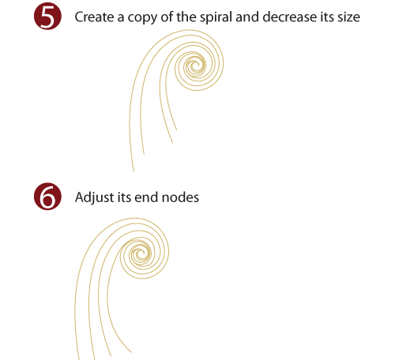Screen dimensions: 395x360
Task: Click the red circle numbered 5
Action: coord(47,16)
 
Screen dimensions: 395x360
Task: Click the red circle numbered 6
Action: coord(47,197)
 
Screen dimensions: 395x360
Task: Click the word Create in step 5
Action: coord(95,17)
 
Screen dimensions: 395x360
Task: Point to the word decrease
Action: coord(290,17)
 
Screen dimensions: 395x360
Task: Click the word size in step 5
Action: coord(349,17)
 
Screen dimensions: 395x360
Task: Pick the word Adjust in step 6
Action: coord(94,198)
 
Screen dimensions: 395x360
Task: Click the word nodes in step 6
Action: coord(180,197)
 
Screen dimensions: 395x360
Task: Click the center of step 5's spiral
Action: coord(195,65)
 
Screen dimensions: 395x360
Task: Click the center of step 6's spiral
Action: coord(141,253)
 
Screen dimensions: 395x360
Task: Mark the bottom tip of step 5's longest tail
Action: coord(134,171)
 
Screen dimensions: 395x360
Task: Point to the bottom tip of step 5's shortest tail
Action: coord(176,129)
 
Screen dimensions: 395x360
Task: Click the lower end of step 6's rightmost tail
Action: coord(131,352)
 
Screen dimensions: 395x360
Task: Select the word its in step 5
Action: coord(327,17)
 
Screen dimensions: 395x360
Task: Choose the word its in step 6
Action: coord(124,197)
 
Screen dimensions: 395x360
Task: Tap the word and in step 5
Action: coord(247,17)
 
